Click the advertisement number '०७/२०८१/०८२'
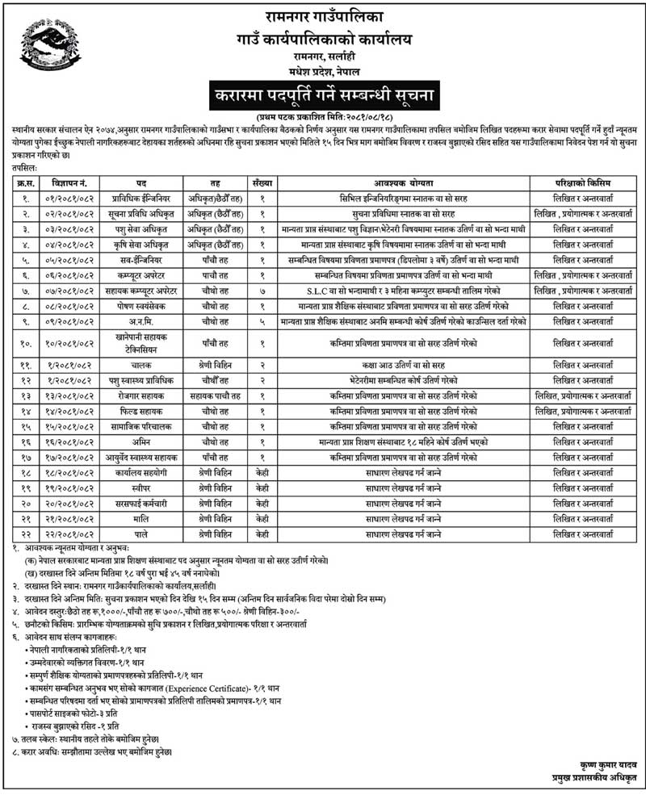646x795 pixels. point(66,291)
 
